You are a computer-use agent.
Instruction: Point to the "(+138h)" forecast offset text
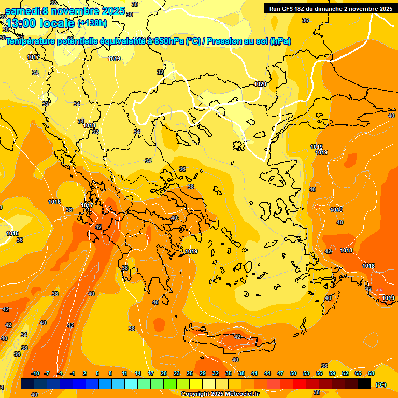click(92, 23)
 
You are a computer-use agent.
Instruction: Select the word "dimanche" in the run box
click(342, 8)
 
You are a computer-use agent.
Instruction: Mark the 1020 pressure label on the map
click(260, 84)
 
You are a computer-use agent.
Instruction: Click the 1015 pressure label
click(12, 234)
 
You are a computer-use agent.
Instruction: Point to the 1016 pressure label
click(54, 202)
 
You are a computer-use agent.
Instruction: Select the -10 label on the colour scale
click(35, 373)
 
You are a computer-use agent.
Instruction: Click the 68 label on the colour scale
click(371, 373)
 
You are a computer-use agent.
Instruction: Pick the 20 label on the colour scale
click(163, 373)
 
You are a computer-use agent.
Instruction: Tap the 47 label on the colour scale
click(280, 373)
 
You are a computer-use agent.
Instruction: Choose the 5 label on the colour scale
click(97, 373)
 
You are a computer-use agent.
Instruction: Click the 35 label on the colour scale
click(229, 373)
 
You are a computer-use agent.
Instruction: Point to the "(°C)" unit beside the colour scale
click(381, 385)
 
